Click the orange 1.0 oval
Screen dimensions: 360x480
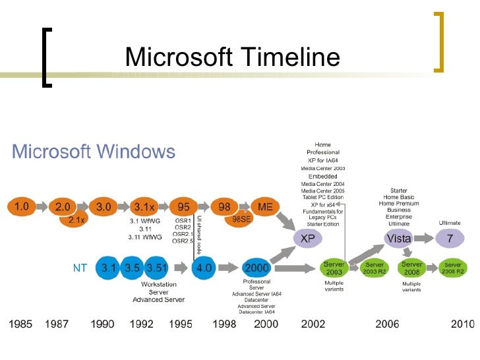(x=21, y=206)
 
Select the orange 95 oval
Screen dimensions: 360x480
(x=184, y=206)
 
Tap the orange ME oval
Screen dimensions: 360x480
(x=265, y=206)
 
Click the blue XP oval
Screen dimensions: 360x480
(x=307, y=239)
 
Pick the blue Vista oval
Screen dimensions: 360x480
(x=399, y=239)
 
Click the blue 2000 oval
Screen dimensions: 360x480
(x=256, y=268)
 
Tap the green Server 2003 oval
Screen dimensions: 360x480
(x=334, y=268)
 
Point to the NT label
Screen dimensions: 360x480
(x=80, y=268)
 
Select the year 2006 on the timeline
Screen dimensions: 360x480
(x=388, y=324)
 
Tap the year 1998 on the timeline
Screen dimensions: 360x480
(x=224, y=324)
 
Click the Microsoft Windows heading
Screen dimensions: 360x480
(x=94, y=152)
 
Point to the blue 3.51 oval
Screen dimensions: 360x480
(x=158, y=268)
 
